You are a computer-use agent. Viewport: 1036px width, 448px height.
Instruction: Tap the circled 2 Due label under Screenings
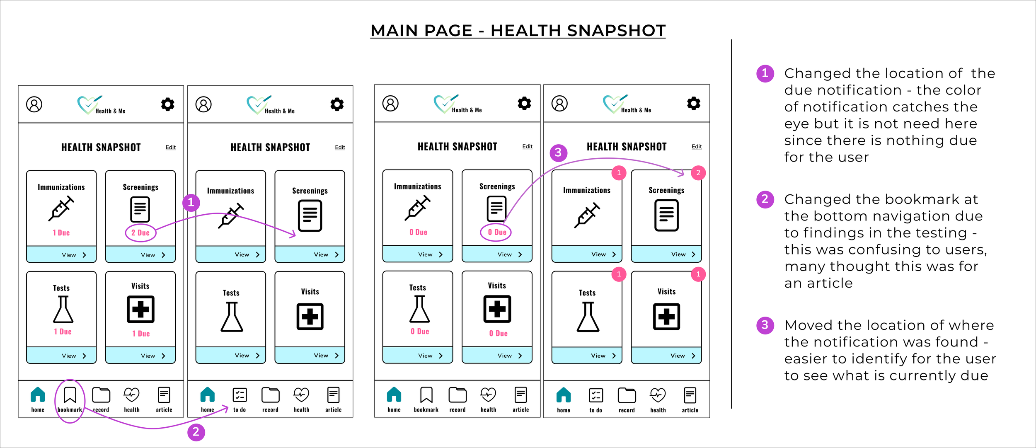(140, 233)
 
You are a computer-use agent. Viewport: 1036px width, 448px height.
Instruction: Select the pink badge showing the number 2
(698, 173)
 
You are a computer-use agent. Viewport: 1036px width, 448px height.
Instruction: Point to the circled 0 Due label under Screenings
(496, 232)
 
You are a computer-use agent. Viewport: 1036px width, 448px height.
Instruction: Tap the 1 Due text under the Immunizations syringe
(61, 233)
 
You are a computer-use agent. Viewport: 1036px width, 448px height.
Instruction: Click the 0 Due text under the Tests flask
(420, 332)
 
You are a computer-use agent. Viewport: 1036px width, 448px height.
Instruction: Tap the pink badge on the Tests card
(619, 274)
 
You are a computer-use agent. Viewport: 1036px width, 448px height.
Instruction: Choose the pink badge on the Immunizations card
(619, 173)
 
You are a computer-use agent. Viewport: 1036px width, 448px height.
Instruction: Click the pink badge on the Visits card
(698, 274)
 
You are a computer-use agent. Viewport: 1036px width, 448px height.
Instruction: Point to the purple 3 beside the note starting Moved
(765, 325)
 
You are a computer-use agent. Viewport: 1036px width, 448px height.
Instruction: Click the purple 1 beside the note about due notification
(765, 73)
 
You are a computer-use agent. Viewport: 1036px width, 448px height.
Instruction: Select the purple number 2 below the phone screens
(196, 432)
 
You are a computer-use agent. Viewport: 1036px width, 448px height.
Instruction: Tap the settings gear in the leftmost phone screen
(168, 104)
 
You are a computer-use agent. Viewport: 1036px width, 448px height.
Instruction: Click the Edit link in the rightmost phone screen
(697, 147)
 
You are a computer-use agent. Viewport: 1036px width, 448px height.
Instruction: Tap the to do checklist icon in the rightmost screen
(596, 395)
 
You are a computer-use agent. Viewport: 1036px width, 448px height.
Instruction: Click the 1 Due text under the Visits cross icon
(141, 334)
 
